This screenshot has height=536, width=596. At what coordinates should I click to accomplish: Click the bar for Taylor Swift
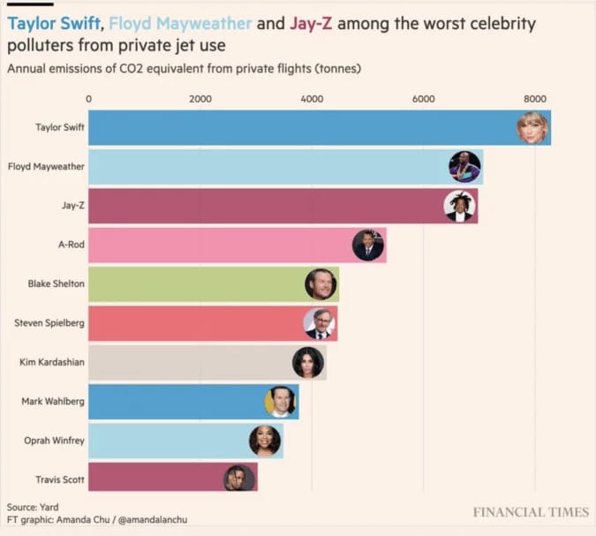click(300, 128)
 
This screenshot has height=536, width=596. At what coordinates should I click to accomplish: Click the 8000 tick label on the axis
click(535, 99)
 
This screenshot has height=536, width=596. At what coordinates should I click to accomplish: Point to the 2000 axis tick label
click(200, 99)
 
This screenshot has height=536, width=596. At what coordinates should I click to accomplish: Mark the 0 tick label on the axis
click(88, 99)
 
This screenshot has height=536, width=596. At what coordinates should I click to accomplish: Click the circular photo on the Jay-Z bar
click(459, 206)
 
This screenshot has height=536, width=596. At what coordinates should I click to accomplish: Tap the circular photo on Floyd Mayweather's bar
click(464, 166)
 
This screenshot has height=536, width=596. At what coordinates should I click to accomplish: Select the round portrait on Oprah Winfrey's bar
click(264, 440)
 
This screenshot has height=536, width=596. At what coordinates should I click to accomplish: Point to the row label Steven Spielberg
click(49, 323)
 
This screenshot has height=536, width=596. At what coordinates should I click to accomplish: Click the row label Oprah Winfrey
click(54, 440)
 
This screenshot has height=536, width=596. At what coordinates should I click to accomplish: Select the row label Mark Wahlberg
click(53, 401)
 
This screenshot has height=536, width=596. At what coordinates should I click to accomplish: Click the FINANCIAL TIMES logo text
click(530, 512)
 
